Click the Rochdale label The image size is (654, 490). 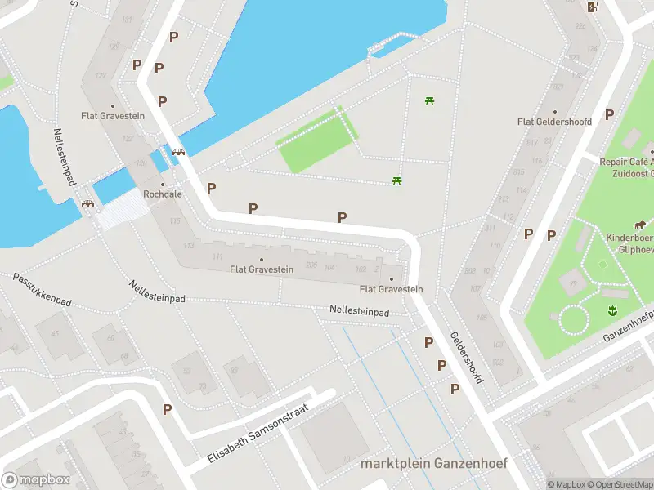click(163, 194)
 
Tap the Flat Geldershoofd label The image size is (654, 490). click(554, 122)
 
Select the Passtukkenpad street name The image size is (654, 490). click(43, 291)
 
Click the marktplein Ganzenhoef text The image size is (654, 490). click(433, 463)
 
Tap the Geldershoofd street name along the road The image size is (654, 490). click(468, 358)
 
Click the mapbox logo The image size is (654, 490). click(34, 480)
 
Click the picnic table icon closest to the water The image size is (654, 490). click(428, 101)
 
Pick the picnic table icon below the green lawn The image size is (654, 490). click(396, 180)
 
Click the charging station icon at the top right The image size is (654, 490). click(593, 7)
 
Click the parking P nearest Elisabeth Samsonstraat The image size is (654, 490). click(168, 410)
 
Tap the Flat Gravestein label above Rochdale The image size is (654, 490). click(113, 116)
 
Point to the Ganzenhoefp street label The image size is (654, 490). click(629, 326)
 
